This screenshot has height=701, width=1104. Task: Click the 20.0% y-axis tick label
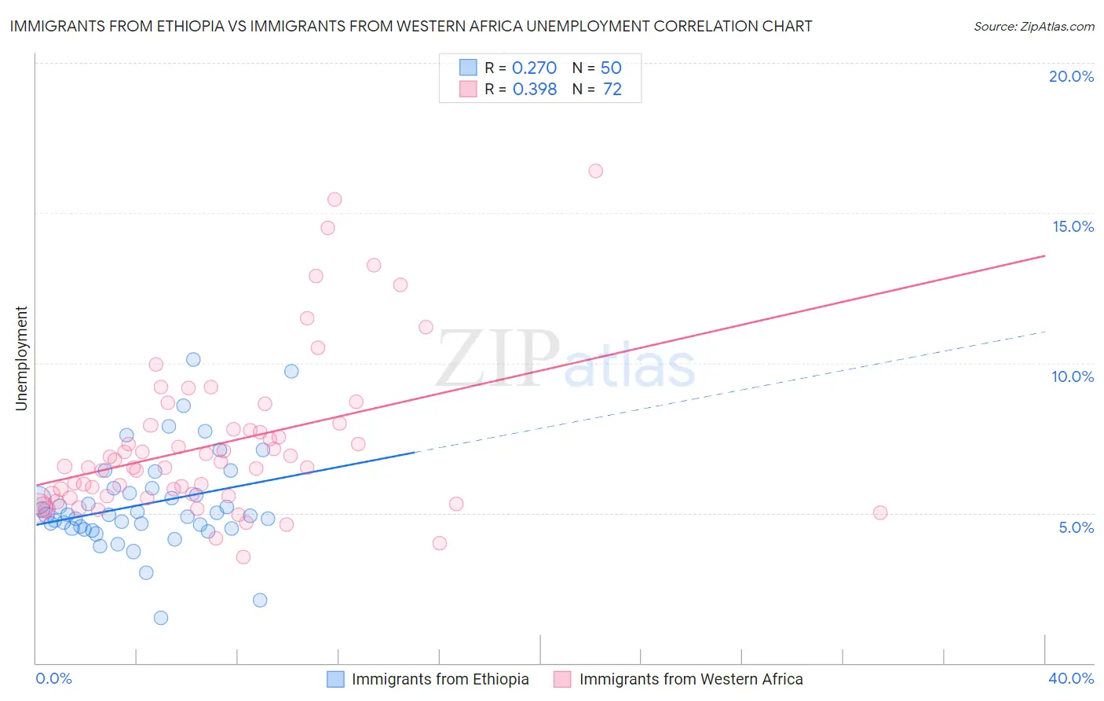click(x=1071, y=76)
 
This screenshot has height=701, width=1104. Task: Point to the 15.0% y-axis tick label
click(x=1073, y=226)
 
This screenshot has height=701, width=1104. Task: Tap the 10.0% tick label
click(x=1073, y=376)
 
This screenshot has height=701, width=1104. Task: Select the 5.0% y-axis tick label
click(x=1076, y=527)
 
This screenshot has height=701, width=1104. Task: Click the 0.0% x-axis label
click(x=53, y=678)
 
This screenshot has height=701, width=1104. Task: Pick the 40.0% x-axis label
click(x=1070, y=678)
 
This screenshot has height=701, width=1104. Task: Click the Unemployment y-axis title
click(x=21, y=358)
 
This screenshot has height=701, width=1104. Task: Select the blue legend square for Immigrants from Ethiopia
click(x=335, y=679)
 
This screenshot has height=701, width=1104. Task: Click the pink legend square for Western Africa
click(x=562, y=679)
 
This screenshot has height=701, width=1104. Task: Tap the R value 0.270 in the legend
click(x=534, y=68)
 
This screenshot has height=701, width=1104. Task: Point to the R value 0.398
click(x=534, y=89)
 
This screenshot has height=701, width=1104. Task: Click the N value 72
click(x=612, y=89)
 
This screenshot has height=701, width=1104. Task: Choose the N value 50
click(x=611, y=68)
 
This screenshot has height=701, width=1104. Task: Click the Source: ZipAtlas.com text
click(x=1033, y=26)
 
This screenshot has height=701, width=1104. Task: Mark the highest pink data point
click(x=595, y=171)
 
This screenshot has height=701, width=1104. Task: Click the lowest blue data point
click(x=161, y=618)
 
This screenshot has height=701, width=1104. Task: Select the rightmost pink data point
click(x=880, y=512)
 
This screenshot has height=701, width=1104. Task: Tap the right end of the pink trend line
click(x=1045, y=255)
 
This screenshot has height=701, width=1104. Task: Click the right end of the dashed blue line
click(x=1045, y=332)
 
